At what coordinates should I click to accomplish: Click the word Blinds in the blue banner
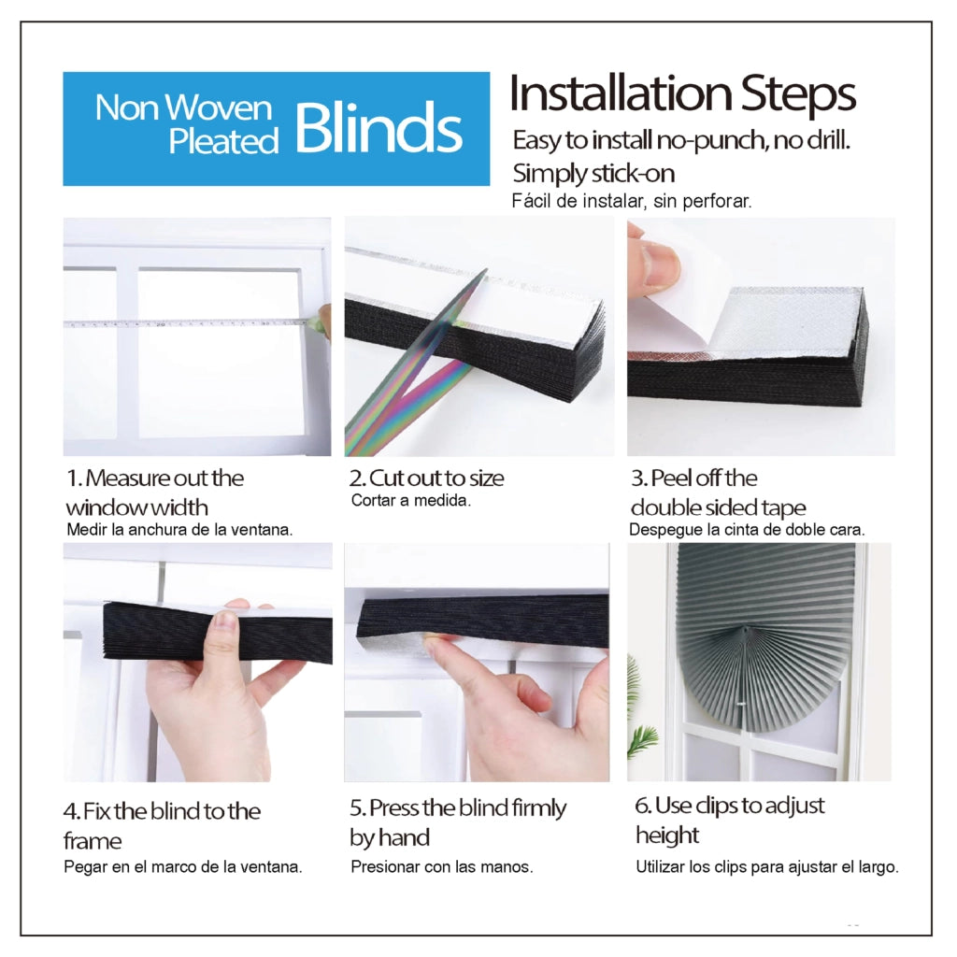(379, 129)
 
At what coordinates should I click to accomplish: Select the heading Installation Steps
(682, 93)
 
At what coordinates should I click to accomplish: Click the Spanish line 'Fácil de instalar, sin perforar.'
(632, 201)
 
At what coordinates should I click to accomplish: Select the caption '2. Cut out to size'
(426, 478)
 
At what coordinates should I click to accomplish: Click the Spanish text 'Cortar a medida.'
(411, 501)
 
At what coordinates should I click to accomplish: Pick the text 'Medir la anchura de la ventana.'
(179, 530)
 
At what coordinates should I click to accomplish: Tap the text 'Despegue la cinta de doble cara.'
(747, 530)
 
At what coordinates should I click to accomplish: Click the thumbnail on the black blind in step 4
(224, 621)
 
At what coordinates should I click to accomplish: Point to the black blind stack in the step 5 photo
(482, 620)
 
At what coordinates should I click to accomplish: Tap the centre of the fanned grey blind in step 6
(746, 629)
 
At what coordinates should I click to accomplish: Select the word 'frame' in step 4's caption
(93, 841)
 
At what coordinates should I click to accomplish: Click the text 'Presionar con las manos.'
(442, 866)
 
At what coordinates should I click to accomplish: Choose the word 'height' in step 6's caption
(667, 836)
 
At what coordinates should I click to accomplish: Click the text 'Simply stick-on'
(593, 173)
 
